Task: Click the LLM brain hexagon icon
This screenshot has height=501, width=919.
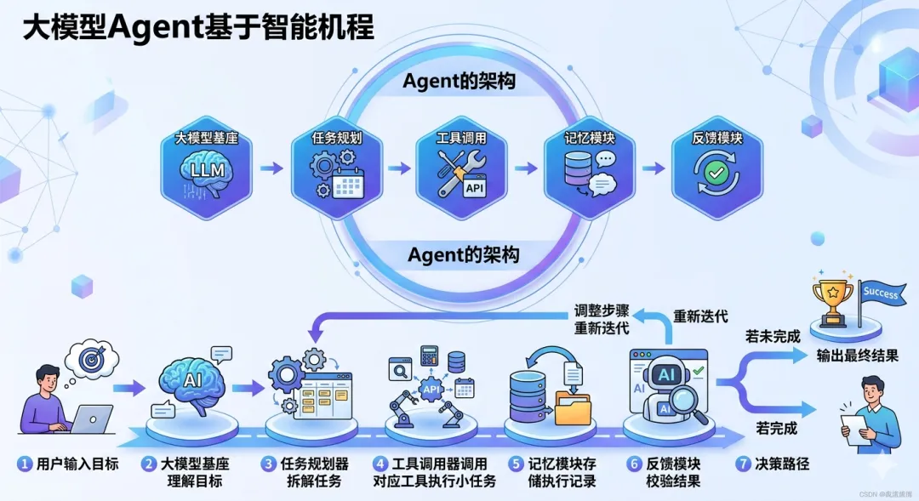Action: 207,170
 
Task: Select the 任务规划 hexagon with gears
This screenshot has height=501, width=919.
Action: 335,170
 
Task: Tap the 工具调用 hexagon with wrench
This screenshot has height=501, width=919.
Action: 461,170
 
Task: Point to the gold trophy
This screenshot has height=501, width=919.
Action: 832,298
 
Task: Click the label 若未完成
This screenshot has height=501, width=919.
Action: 772,336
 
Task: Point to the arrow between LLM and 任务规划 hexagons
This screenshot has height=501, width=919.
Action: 271,168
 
